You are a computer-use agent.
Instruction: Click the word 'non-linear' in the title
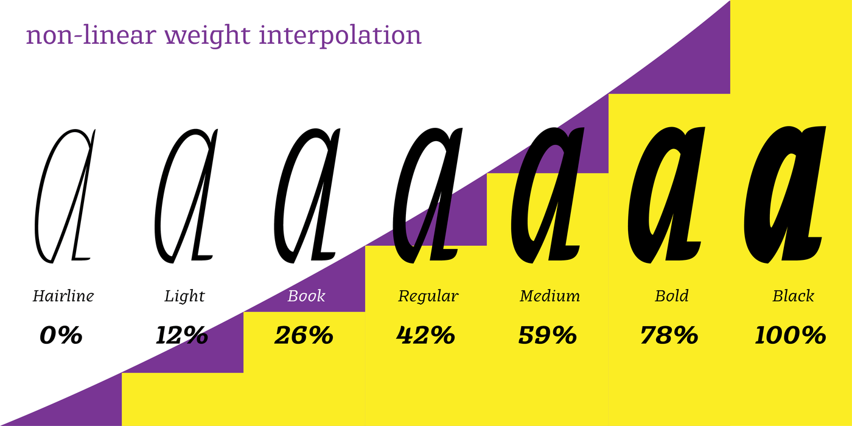click(x=91, y=35)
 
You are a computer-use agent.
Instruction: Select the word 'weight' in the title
click(x=208, y=36)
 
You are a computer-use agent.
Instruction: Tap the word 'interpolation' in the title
click(x=340, y=36)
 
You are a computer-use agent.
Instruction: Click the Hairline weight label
click(x=63, y=296)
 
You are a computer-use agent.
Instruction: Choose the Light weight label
click(x=185, y=296)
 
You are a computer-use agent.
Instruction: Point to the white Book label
click(x=306, y=296)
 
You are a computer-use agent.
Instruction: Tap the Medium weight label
click(x=550, y=296)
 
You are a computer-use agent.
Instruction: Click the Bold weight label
click(x=672, y=296)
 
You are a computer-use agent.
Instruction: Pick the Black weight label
click(x=794, y=296)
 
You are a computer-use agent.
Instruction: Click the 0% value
click(x=61, y=335)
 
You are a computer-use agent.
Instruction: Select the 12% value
click(x=182, y=335)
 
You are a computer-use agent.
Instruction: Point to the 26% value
click(x=304, y=335)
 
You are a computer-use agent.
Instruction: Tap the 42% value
click(x=425, y=335)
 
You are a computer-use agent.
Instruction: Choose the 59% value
click(x=547, y=335)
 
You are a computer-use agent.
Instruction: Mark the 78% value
click(x=669, y=335)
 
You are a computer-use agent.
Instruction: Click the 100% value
click(x=791, y=335)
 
